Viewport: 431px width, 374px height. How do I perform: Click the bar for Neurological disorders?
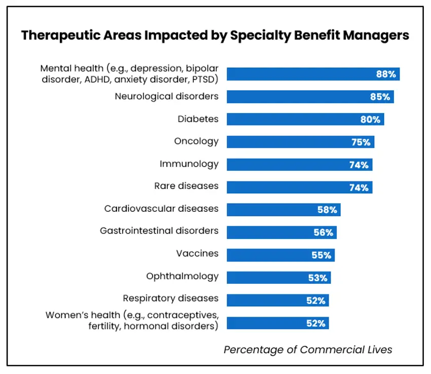pyautogui.click(x=310, y=96)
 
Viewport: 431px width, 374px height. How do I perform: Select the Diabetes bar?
pyautogui.click(x=305, y=119)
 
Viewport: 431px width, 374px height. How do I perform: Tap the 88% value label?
pyautogui.click(x=386, y=74)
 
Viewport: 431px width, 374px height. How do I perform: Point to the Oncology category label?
pyautogui.click(x=196, y=141)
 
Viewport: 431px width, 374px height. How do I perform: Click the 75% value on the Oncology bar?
pyautogui.click(x=361, y=142)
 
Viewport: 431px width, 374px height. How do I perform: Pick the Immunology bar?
pyautogui.click(x=299, y=164)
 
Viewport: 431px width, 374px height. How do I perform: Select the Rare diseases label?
pyautogui.click(x=186, y=186)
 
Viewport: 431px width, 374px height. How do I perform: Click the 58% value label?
pyautogui.click(x=327, y=210)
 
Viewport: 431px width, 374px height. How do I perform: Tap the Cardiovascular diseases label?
pyautogui.click(x=161, y=208)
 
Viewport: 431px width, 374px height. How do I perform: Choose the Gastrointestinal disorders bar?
pyautogui.click(x=281, y=232)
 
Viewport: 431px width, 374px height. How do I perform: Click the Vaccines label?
pyautogui.click(x=197, y=253)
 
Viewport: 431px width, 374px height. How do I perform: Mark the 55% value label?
pyautogui.click(x=321, y=255)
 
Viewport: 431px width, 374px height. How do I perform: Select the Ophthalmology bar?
pyautogui.click(x=278, y=277)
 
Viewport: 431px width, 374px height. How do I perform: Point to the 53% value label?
pyautogui.click(x=317, y=278)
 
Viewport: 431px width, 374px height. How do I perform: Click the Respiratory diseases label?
pyautogui.click(x=170, y=298)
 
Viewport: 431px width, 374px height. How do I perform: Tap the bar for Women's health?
pyautogui.click(x=277, y=323)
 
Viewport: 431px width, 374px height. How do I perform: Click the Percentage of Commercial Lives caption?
pyautogui.click(x=308, y=350)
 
